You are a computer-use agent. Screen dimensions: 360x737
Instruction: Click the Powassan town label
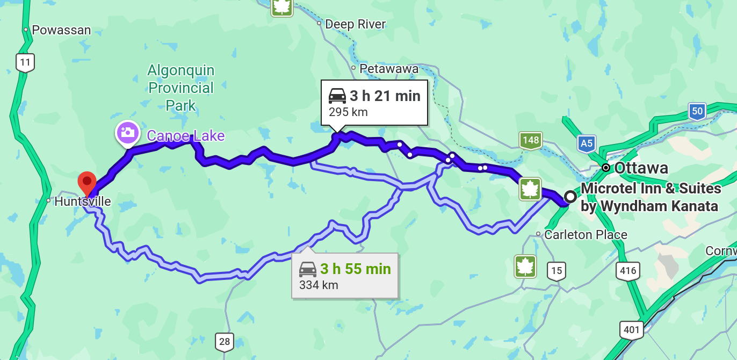(x=61, y=30)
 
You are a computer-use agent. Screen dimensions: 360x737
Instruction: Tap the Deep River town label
(x=355, y=24)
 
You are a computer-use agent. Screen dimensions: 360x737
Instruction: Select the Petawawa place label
(x=389, y=69)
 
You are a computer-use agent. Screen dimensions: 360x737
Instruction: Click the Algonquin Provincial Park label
(x=181, y=88)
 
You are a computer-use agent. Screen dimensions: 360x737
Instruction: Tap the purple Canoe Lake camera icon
(x=128, y=132)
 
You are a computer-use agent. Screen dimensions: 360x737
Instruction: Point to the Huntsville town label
(x=82, y=201)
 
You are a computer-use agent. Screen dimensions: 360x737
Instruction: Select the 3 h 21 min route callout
(x=374, y=103)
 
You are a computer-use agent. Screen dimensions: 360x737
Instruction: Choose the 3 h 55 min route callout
(x=345, y=275)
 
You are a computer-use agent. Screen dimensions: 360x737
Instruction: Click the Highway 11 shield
(x=25, y=63)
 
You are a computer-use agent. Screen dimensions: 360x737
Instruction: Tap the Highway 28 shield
(x=225, y=342)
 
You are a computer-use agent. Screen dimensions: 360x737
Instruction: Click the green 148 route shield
(x=530, y=141)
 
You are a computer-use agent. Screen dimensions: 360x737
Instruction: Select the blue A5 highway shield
(x=587, y=144)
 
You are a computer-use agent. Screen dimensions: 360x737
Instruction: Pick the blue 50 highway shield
(x=697, y=112)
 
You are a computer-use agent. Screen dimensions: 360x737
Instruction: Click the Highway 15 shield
(x=557, y=271)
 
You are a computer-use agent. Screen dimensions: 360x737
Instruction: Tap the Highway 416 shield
(x=628, y=270)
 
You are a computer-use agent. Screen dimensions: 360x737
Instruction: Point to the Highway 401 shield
(x=631, y=329)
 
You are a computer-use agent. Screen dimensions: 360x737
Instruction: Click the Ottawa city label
(x=641, y=168)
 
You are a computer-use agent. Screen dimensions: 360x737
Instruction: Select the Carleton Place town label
(x=586, y=235)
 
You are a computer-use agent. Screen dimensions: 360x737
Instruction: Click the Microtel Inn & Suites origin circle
(x=570, y=197)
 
